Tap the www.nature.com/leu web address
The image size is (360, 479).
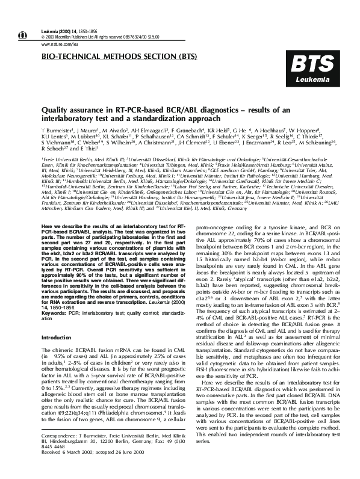(58, 44)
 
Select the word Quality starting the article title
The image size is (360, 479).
(53, 110)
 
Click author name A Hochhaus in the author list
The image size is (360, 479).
(273, 130)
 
